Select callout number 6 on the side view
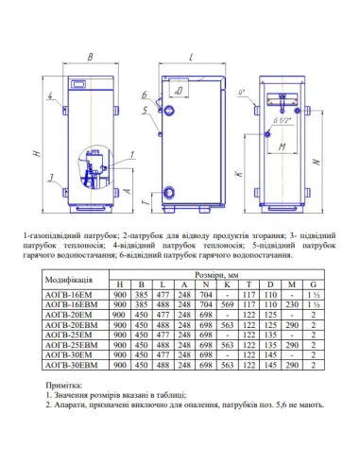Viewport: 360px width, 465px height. click(x=145, y=95)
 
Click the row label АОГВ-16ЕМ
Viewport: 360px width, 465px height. click(x=69, y=294)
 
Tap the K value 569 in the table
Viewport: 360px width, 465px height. click(x=229, y=304)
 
